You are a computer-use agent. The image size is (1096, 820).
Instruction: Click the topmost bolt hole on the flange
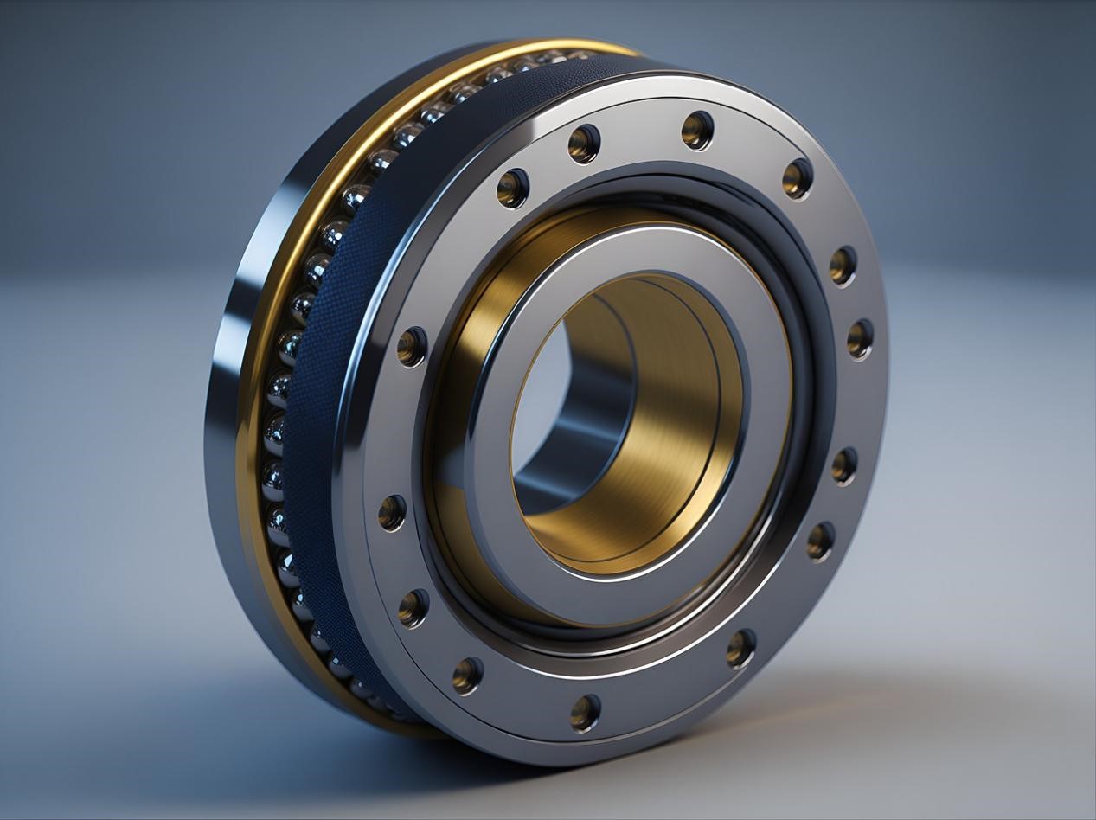[697, 130]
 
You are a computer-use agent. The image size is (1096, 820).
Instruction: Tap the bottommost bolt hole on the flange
[586, 712]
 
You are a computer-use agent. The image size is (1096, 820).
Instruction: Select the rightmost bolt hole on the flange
[860, 338]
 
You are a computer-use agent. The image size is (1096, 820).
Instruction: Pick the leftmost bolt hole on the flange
[392, 513]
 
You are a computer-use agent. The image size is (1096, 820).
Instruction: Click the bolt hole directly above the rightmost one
[843, 265]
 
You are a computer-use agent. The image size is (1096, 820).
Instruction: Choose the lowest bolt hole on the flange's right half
[740, 648]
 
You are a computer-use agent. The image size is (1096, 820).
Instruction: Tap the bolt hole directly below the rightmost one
[844, 465]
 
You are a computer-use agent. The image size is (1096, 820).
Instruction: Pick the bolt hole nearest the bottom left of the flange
[467, 675]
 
